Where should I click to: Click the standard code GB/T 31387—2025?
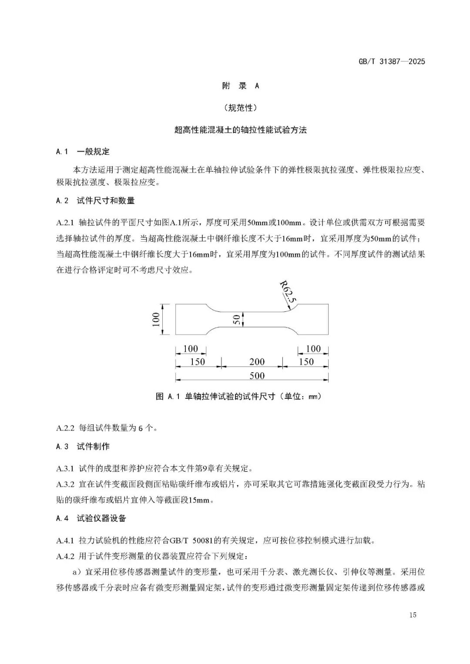391,61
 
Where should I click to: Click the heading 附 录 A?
240,86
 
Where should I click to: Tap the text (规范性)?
240,108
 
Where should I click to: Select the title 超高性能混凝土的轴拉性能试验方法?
240,130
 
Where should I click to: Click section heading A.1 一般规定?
83,152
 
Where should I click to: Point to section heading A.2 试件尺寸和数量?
95,200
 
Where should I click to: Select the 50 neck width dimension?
237,320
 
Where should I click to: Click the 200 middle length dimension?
257,362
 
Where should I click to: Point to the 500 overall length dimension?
257,376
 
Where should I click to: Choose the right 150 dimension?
306,362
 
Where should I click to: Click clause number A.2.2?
66,428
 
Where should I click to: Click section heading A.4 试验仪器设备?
91,518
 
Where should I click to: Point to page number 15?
413,615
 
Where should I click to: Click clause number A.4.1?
66,541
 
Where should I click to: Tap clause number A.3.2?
66,484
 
